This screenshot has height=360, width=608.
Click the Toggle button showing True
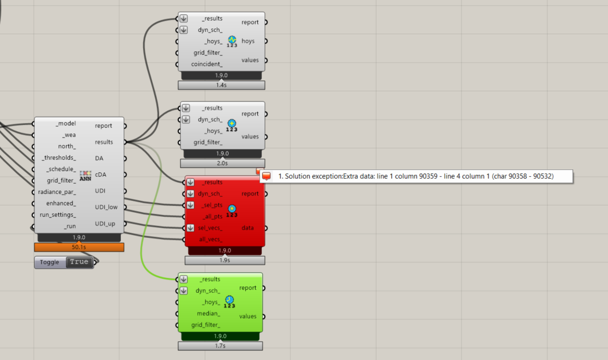[x=79, y=262]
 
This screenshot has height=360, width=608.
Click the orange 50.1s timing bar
[x=79, y=248]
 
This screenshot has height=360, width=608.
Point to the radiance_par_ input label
[x=57, y=192]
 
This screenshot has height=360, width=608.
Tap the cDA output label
[x=102, y=175]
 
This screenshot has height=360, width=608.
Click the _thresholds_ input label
[x=59, y=158]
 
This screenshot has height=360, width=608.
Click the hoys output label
[x=248, y=41]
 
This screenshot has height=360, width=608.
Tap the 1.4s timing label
[x=221, y=85]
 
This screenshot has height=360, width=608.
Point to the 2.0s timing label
[x=222, y=163]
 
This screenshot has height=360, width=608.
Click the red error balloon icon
[x=266, y=176]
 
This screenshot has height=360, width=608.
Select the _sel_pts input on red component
[x=211, y=205]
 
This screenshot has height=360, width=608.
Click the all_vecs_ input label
[x=210, y=240]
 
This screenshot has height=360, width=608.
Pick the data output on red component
[x=248, y=228]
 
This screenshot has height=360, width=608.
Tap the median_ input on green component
[x=208, y=314]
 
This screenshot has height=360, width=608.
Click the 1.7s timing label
[x=221, y=346]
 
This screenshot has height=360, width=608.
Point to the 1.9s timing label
[x=225, y=260]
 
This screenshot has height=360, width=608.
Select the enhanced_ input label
[x=60, y=203]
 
